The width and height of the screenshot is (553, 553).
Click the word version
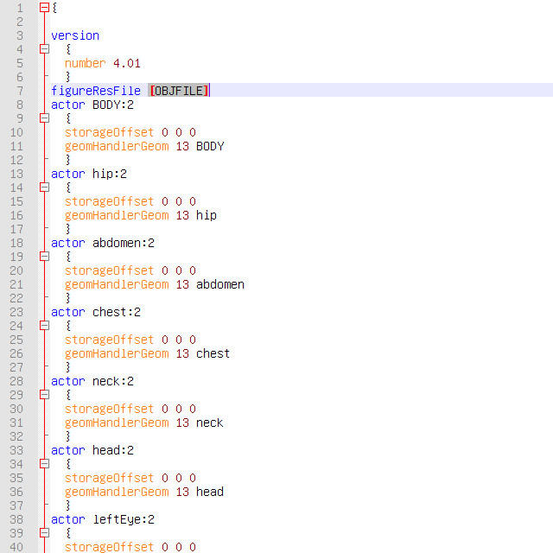(75, 35)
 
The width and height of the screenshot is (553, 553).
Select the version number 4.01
(126, 63)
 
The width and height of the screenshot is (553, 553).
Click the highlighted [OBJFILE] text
(179, 91)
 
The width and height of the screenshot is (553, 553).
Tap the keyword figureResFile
(95, 91)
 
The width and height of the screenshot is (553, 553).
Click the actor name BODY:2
(112, 105)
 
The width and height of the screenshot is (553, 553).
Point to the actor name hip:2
(110, 174)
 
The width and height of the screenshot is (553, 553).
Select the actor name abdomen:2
(123, 243)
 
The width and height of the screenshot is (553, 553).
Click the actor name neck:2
(112, 381)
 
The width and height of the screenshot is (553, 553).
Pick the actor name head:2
(112, 450)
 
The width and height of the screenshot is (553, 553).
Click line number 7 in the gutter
(19, 91)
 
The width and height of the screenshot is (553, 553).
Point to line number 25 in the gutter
(16, 340)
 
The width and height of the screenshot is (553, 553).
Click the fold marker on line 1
(44, 8)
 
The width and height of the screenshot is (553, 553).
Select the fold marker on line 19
(44, 257)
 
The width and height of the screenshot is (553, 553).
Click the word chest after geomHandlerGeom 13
(213, 353)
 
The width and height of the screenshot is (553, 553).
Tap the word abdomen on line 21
(219, 284)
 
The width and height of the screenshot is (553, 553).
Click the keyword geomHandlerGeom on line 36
(117, 492)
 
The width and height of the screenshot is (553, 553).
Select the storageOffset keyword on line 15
(109, 201)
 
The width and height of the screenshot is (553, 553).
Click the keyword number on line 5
(85, 63)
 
